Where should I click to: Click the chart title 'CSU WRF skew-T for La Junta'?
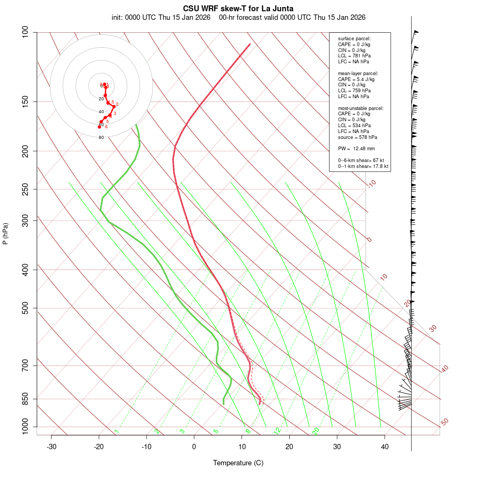click(x=238, y=9)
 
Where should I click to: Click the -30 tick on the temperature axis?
click(x=52, y=447)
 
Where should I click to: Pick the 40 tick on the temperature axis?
click(x=385, y=447)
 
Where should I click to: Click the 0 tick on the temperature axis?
click(x=194, y=447)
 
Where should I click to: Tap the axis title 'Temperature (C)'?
click(x=238, y=463)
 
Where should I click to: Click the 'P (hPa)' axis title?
click(x=5, y=233)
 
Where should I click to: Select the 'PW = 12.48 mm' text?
click(x=356, y=149)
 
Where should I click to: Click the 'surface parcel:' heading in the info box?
click(x=354, y=39)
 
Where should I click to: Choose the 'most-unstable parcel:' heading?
click(x=361, y=108)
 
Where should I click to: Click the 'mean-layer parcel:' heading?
click(x=358, y=73)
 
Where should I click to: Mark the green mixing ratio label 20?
click(x=316, y=430)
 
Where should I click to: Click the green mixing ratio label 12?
click(x=277, y=430)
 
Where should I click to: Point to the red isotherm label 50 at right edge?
click(x=444, y=422)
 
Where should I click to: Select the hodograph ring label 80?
click(x=101, y=137)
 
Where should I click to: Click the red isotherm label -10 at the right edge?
click(x=372, y=184)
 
